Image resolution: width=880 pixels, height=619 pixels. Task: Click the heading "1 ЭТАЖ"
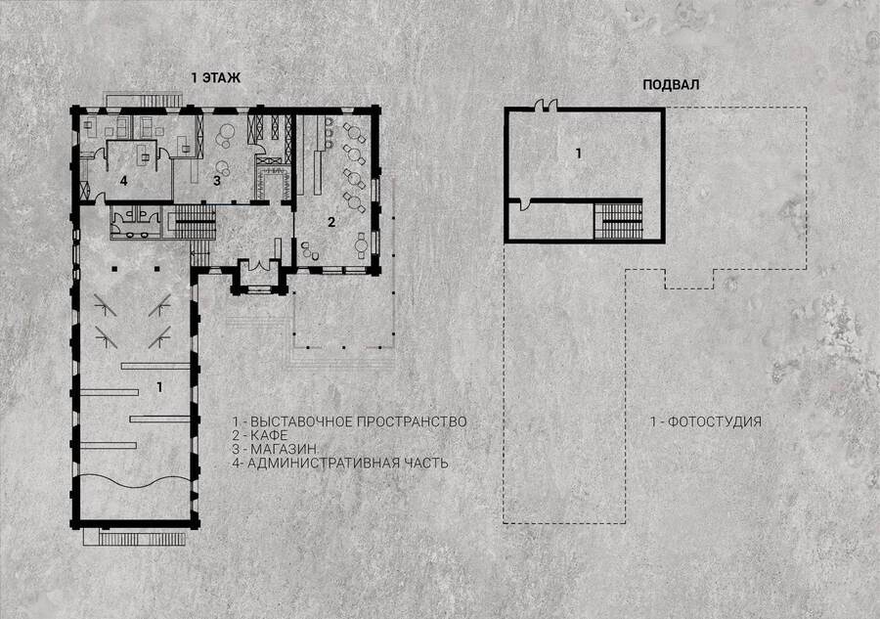click(215, 78)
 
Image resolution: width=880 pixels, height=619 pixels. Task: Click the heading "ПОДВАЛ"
click(671, 85)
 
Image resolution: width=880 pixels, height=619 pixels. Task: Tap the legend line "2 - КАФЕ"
click(260, 435)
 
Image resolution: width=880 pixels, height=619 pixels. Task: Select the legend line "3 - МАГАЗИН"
click(275, 449)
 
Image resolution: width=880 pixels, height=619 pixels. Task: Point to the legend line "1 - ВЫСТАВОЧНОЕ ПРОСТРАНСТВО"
click(350, 421)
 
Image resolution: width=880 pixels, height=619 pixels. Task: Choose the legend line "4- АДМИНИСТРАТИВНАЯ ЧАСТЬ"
click(340, 463)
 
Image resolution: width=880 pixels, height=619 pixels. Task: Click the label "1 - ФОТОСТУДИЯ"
click(705, 421)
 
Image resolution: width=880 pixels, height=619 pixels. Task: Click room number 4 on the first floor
click(123, 180)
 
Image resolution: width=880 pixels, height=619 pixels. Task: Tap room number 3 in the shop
click(217, 181)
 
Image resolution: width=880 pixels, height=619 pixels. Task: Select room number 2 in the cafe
click(331, 222)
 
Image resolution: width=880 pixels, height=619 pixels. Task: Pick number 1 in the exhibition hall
click(160, 387)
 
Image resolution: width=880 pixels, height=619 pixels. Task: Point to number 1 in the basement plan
click(579, 153)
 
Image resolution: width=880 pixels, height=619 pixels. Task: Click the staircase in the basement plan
click(619, 221)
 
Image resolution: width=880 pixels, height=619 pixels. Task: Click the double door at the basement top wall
click(545, 105)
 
